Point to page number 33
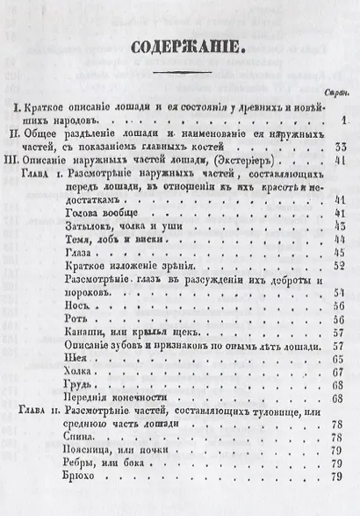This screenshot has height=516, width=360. pos(342,145)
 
